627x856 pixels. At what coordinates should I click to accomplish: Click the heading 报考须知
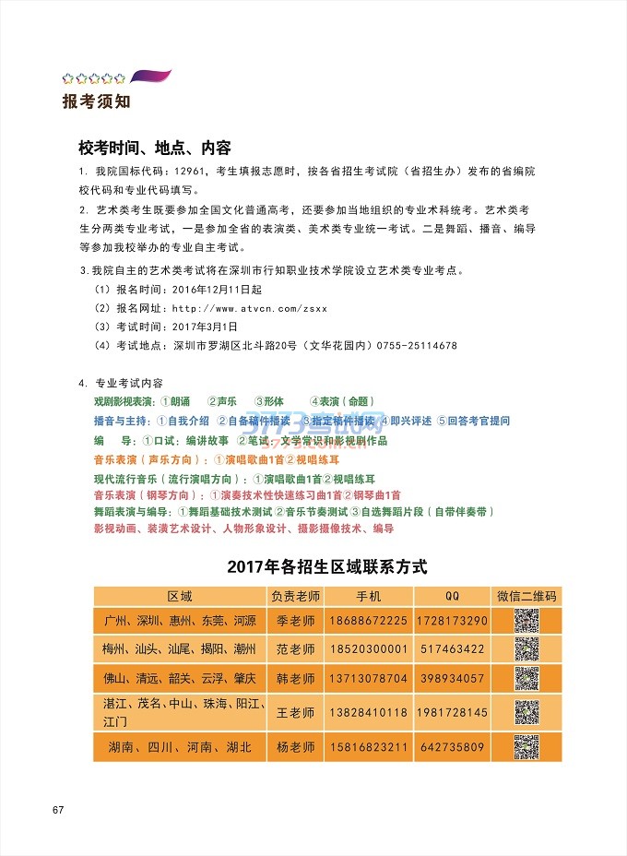coord(89,101)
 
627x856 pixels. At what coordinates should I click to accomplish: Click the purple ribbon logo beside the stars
coord(151,77)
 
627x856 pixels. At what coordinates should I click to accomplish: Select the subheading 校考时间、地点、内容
coord(154,148)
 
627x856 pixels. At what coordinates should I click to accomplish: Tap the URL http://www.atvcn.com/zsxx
coord(250,308)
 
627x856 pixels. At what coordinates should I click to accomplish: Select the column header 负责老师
coord(296,596)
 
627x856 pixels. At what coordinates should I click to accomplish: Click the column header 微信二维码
coord(526,596)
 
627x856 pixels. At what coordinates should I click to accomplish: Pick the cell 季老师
coord(296,621)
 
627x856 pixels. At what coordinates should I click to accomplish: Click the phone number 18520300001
coord(369,649)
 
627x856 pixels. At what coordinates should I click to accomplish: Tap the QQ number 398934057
coord(452,679)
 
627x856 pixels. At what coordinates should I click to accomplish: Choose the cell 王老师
coord(296,713)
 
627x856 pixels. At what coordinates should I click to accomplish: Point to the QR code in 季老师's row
coord(526,621)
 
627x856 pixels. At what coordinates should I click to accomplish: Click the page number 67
coord(57,810)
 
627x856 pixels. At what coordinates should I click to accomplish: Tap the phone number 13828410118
coord(369,713)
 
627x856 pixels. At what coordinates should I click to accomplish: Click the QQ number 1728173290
coord(452,621)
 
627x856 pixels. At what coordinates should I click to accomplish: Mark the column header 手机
coord(369,596)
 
